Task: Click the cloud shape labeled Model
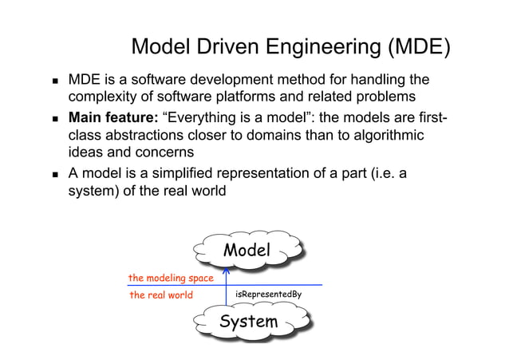pos(247,251)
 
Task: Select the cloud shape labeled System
pos(249,322)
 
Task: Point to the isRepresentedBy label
pos(268,295)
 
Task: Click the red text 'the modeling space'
pos(171,278)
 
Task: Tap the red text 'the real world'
pos(161,295)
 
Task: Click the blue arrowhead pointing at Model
pos(227,271)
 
